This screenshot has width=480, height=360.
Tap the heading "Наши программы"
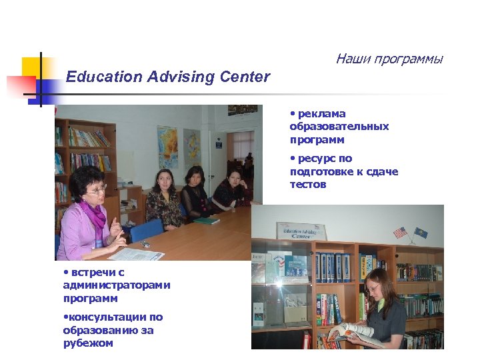(389, 59)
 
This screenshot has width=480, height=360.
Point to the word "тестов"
(308, 185)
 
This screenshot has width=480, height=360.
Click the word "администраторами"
(117, 285)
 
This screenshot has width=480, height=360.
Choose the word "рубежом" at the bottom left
(88, 343)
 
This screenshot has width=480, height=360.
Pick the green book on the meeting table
(207, 221)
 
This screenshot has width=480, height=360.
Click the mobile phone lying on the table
(145, 244)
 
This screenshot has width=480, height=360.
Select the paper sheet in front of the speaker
(137, 254)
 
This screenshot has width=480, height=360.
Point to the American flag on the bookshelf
(399, 233)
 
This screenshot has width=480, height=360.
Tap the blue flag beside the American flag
(421, 233)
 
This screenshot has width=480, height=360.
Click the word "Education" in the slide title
(104, 77)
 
